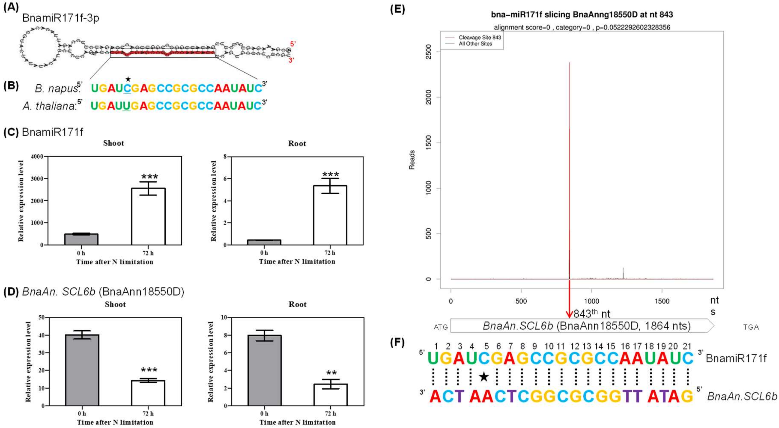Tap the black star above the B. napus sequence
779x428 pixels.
coord(128,79)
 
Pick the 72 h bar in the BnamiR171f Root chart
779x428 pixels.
coord(330,215)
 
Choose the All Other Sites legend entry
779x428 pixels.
coord(475,44)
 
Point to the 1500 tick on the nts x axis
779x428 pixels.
coord(662,301)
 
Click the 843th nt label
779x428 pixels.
coord(592,314)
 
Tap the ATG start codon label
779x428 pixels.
coord(440,327)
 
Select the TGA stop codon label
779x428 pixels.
coord(751,327)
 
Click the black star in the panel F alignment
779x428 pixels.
coord(484,377)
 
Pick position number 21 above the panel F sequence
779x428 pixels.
coord(687,346)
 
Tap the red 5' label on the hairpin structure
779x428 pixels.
coord(292,44)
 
